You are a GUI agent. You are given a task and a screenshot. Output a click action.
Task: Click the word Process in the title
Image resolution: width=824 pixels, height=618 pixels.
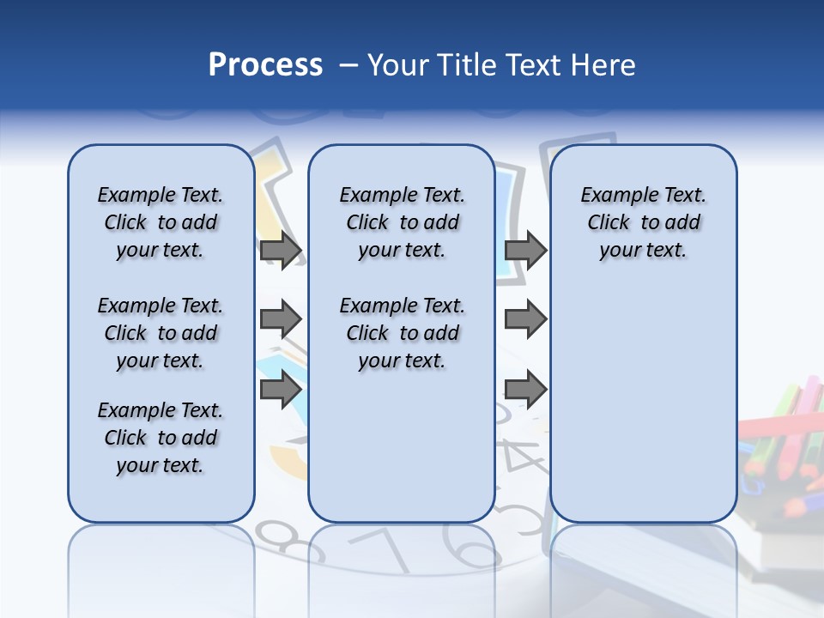[265, 65]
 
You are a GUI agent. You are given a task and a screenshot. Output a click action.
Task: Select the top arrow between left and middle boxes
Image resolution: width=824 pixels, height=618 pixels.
[281, 251]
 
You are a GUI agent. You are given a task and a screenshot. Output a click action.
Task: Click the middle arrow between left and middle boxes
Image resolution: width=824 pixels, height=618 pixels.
[281, 319]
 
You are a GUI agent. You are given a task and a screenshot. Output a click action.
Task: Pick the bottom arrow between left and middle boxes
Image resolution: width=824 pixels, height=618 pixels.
[281, 390]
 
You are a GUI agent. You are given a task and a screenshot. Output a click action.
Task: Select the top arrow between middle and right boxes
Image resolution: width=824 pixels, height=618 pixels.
[525, 251]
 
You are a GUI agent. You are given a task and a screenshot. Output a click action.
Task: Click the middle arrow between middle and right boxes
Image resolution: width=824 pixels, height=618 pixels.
[525, 319]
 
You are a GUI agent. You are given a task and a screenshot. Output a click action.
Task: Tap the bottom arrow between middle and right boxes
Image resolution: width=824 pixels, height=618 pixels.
[525, 390]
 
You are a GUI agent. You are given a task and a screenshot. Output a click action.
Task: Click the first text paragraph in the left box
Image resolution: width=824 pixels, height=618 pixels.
[160, 222]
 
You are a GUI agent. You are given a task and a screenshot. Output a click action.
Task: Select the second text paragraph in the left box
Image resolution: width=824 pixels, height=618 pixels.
[160, 333]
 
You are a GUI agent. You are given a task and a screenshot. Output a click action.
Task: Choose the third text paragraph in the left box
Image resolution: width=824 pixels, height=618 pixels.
[160, 438]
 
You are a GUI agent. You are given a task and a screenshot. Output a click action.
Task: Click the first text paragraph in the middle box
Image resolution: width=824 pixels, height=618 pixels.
[402, 222]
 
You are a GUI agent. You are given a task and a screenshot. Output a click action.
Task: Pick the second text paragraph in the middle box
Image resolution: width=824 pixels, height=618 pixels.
[402, 333]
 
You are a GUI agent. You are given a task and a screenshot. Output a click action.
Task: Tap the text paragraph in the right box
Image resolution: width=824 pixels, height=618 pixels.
[643, 222]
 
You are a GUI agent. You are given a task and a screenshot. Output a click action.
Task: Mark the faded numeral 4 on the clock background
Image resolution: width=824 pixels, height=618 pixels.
[524, 455]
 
